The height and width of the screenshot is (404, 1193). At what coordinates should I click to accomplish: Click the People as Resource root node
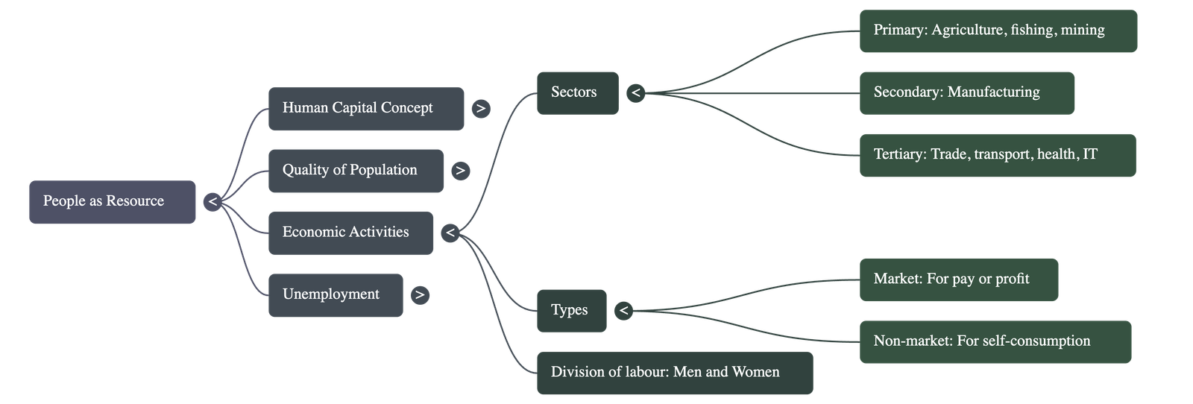(112, 201)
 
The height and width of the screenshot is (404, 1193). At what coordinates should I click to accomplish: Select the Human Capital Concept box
(365, 108)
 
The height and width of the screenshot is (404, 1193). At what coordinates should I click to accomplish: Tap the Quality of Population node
(355, 171)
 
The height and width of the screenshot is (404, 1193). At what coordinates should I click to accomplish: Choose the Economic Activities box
(350, 233)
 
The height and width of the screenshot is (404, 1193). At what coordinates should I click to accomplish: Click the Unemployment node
(335, 295)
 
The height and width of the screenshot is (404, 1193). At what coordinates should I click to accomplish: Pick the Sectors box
(577, 92)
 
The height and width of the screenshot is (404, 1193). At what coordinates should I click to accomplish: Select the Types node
(571, 310)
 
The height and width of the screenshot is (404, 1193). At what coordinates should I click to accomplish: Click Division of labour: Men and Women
(674, 372)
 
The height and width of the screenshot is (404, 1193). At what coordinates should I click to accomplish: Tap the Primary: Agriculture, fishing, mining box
(998, 31)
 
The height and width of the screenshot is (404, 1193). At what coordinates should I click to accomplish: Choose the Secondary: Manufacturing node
(966, 92)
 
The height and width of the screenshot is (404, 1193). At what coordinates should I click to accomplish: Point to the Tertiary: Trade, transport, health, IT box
(997, 155)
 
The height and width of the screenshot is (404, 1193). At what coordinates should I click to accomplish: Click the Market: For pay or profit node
(958, 280)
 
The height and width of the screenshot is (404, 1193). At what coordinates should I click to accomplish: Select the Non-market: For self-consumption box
(995, 341)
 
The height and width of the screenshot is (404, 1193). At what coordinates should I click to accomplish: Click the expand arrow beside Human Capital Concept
(481, 109)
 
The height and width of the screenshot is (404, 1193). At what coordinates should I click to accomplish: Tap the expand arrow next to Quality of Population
(460, 171)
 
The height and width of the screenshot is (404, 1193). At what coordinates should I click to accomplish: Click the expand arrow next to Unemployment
(420, 295)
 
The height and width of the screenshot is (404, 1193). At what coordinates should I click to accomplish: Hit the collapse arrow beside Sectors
(635, 92)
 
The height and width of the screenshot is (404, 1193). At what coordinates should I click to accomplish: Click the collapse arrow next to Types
(623, 310)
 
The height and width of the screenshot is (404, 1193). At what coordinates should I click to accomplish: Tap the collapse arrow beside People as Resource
(213, 202)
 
